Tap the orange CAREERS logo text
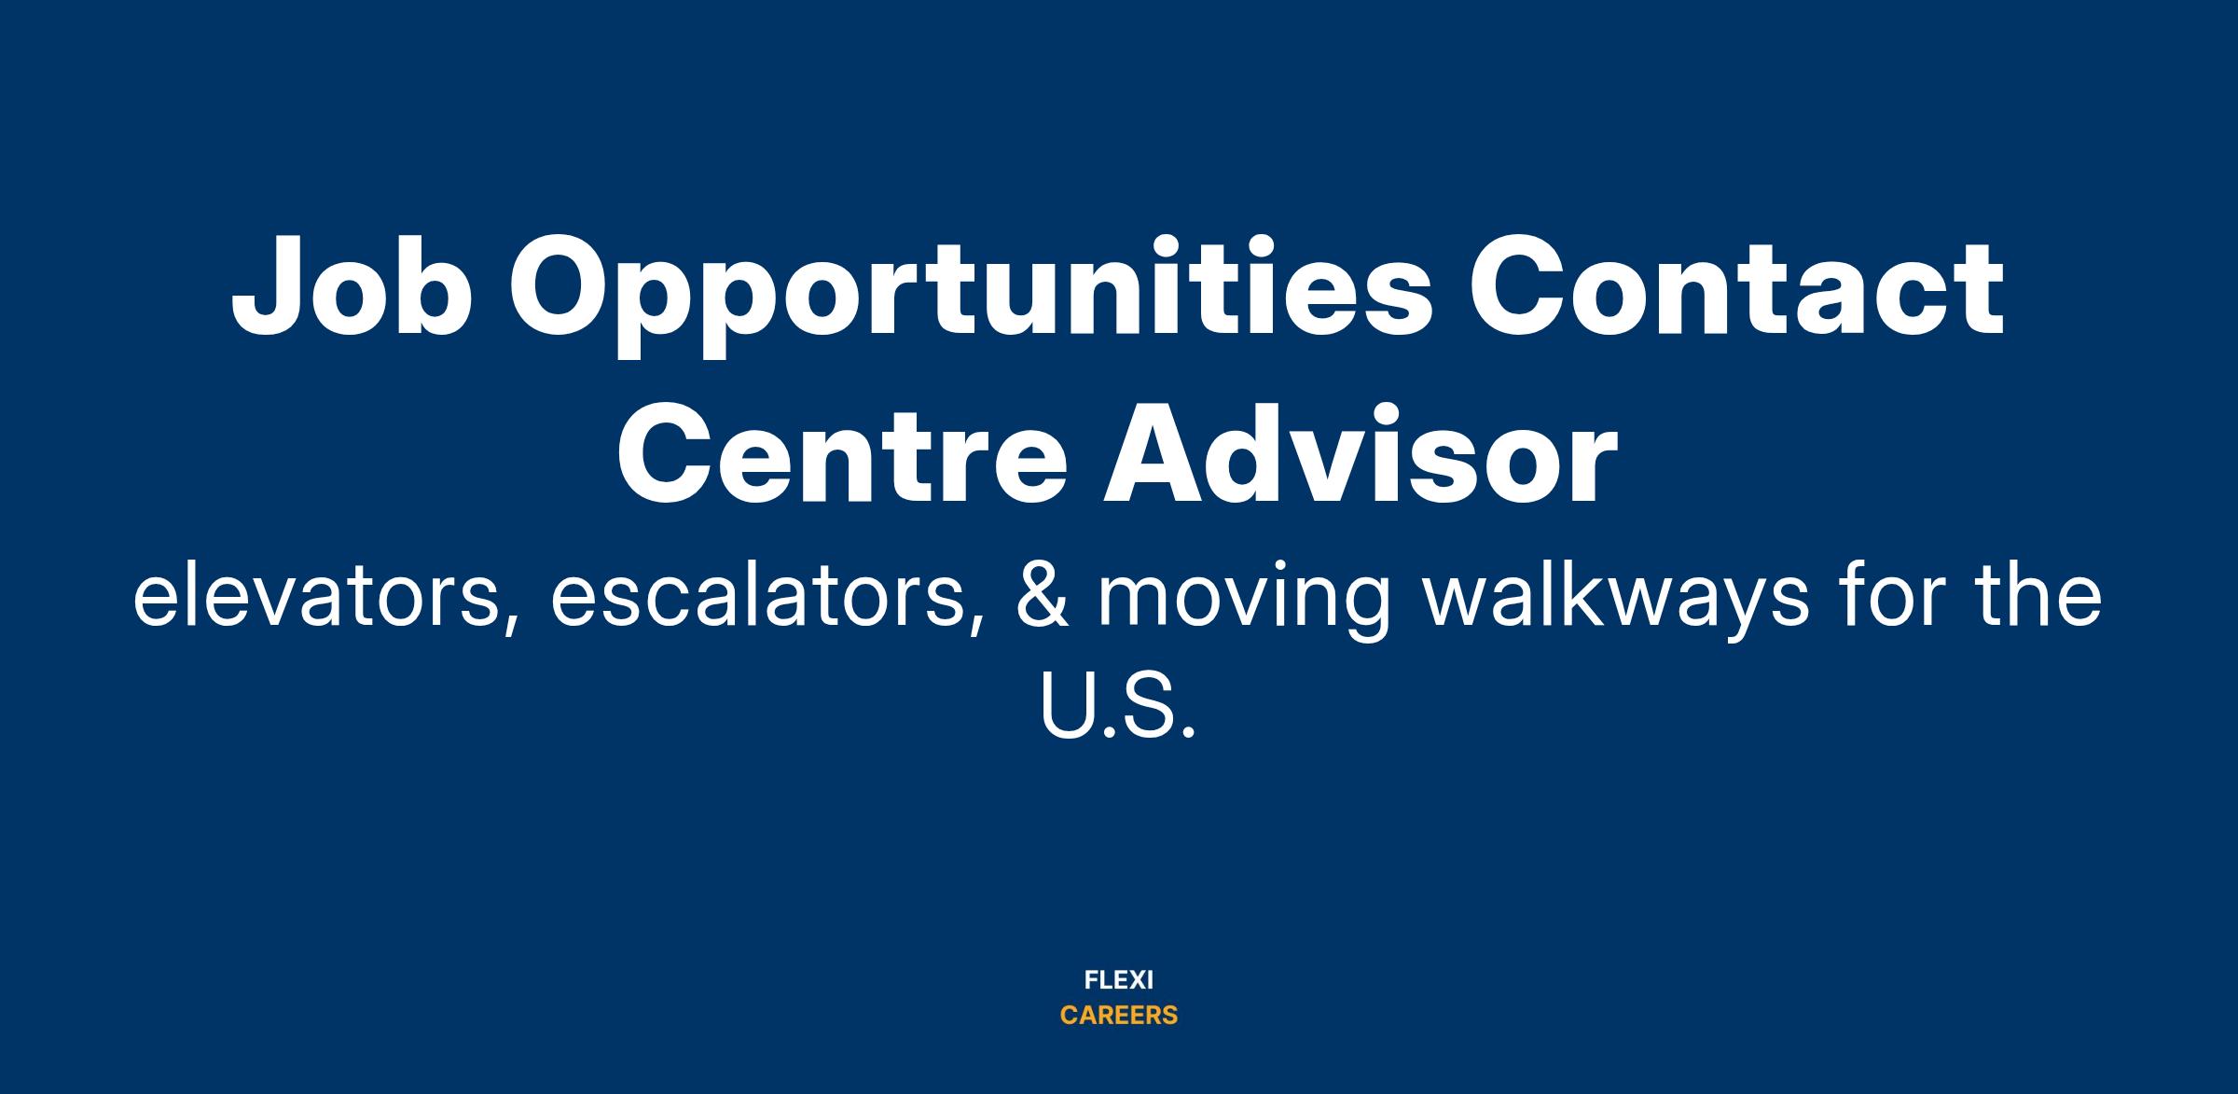click(1119, 1016)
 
